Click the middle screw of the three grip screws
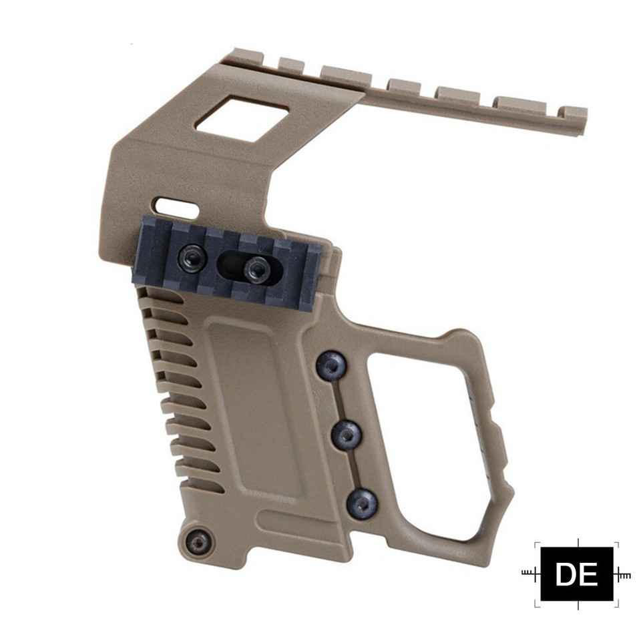coord(347,435)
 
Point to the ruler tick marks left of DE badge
coord(530,573)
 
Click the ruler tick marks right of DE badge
coord(623,574)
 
